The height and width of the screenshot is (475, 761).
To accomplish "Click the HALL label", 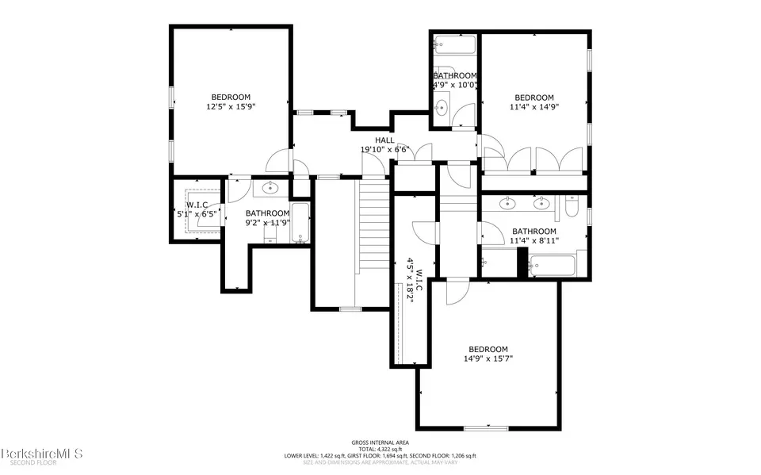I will pos(384,140).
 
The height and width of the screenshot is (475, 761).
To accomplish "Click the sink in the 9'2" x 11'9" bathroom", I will pos(271,189).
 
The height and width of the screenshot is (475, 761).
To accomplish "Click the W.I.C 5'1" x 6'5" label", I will pos(197,209).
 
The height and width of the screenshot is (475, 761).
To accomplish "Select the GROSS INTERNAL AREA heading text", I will pos(380,442).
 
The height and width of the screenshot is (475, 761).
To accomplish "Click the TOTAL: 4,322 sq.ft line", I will pos(380,450).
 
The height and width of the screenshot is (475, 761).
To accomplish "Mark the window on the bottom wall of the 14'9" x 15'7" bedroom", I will pos(485,428).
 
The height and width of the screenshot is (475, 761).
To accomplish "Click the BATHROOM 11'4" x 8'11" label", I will pos(533,236).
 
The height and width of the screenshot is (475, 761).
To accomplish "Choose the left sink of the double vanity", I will pos(507,203).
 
